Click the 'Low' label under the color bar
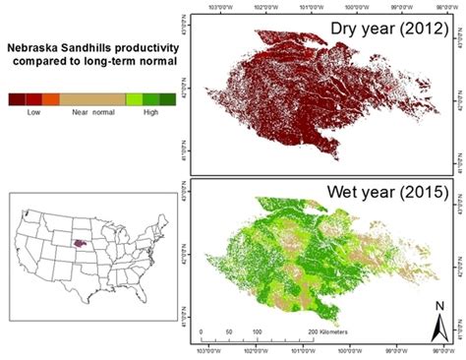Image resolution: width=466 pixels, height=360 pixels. pos(33,114)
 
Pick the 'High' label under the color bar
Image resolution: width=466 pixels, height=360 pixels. pos(150,114)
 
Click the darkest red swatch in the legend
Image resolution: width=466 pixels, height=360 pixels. pos(17,99)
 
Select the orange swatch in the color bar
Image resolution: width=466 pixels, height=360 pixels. pos(51,99)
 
